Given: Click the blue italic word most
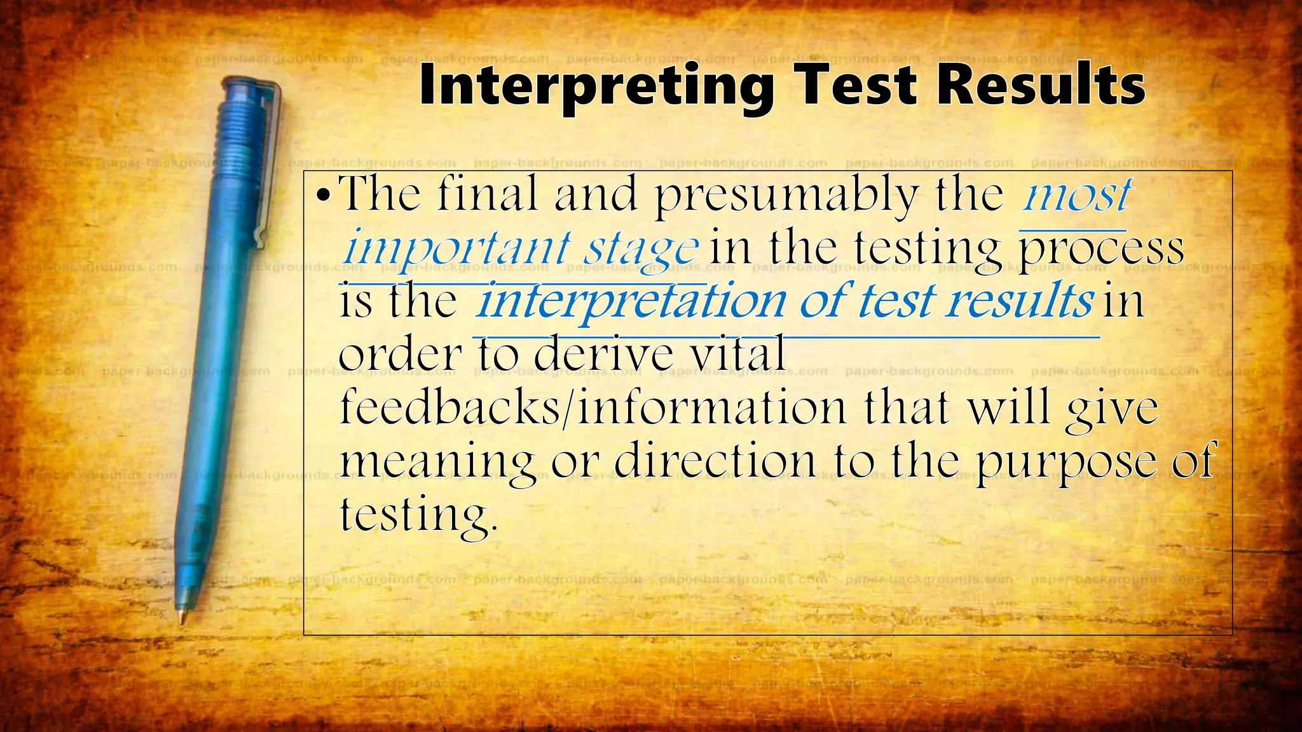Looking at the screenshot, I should [x=1077, y=195].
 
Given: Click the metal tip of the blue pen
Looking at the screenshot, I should [x=182, y=618].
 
